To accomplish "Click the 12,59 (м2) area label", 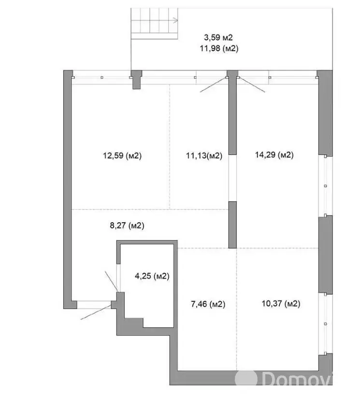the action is tap(122, 156).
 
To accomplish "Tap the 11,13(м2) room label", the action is tap(204, 156).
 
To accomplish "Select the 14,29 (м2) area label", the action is tap(274, 155).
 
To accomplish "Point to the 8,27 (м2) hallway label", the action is tap(127, 225).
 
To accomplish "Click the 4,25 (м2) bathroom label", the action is tap(152, 276).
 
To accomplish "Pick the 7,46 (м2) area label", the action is tap(208, 304).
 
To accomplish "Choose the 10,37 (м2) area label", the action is tap(281, 303).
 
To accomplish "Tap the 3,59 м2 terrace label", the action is tap(218, 38).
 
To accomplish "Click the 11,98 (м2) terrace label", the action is tap(219, 48).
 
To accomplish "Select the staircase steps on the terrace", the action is tap(154, 24).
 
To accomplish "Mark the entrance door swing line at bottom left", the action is tap(96, 312).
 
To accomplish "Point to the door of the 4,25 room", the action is tap(112, 281).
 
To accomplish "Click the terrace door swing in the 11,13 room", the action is tap(213, 85).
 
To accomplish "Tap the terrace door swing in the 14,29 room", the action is tap(251, 85).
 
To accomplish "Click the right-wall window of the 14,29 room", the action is tap(325, 185).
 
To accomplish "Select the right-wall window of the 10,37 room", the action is tap(325, 324).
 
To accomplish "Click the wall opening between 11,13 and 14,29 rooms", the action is tap(232, 178).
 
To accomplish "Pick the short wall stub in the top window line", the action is tap(137, 80).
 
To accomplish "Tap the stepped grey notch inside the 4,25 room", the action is tap(134, 323).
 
